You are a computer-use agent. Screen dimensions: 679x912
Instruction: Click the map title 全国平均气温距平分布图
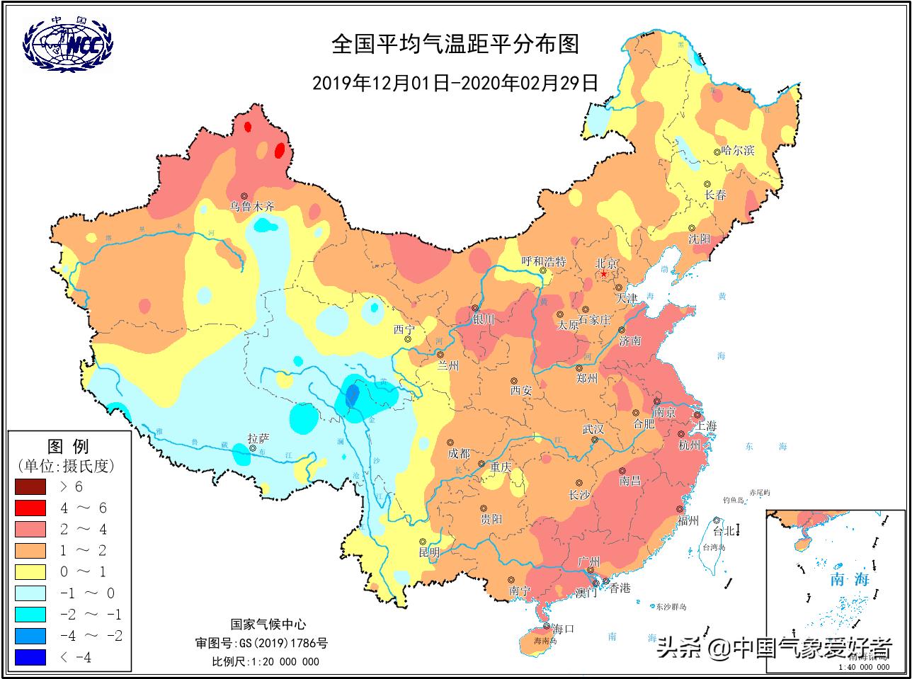(455, 45)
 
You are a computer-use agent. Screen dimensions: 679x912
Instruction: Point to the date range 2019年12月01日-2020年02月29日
(455, 83)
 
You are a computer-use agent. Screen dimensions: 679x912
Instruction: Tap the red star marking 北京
(604, 273)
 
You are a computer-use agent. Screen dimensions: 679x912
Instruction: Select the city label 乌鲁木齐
(251, 207)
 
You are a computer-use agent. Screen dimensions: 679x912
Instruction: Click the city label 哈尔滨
(737, 151)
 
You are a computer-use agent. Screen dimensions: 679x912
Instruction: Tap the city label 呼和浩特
(543, 261)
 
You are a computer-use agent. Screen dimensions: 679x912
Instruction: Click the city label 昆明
(428, 552)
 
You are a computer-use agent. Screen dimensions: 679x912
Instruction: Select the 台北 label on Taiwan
(724, 530)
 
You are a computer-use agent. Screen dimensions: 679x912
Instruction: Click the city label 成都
(459, 453)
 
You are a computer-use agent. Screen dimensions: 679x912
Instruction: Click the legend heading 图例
(68, 446)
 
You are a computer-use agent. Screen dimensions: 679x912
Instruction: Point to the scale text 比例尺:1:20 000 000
(266, 662)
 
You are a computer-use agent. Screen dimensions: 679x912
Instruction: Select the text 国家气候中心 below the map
(268, 624)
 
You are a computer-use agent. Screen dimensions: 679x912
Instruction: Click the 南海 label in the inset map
(849, 579)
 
